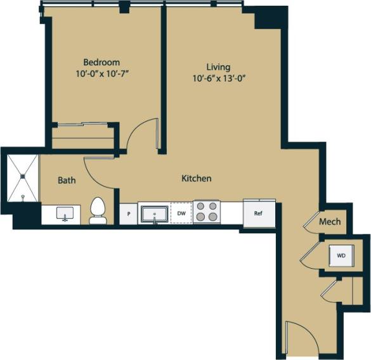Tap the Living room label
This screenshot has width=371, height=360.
[x=218, y=67]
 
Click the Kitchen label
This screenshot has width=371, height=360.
[x=197, y=179]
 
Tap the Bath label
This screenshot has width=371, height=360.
[x=67, y=180]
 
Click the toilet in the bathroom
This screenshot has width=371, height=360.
[x=98, y=211]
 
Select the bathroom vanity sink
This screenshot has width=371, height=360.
[x=64, y=214]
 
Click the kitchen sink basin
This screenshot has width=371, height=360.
[x=154, y=214]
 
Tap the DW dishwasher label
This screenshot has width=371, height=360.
[x=181, y=214]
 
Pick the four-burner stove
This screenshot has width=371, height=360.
[x=207, y=212]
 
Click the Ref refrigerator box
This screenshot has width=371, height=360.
[x=259, y=214]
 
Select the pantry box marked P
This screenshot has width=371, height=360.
[x=129, y=214]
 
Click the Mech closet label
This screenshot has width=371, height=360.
[x=330, y=222]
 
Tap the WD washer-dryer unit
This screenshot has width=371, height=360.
[x=341, y=255]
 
